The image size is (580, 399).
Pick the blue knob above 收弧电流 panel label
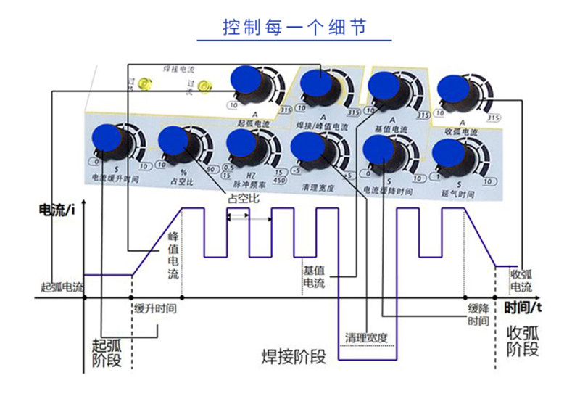click(455, 89)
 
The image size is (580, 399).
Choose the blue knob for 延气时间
click(447, 152)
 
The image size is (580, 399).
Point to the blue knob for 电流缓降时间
click(379, 150)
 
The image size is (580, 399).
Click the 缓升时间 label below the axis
click(155, 308)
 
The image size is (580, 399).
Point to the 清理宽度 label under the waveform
click(367, 337)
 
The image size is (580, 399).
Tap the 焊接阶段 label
click(294, 358)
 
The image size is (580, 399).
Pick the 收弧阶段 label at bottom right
click(522, 341)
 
